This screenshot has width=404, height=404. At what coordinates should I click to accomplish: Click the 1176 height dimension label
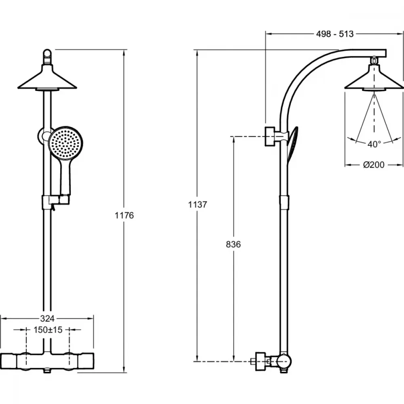124,215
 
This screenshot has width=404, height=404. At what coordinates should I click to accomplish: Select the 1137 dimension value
198,204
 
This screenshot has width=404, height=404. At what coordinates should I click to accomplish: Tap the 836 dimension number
233,244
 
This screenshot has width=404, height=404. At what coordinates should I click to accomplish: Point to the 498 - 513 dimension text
335,34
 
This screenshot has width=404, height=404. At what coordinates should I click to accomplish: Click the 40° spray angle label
374,144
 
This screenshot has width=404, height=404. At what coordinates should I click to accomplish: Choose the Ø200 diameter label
374,164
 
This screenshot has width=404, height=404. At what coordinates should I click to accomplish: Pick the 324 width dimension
47,319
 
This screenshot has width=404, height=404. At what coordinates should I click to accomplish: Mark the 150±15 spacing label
48,330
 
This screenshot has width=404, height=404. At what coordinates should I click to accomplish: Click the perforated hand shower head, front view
65,143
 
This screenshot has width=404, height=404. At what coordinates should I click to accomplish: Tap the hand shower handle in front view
65,178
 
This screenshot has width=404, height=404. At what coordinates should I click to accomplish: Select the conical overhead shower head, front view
47,77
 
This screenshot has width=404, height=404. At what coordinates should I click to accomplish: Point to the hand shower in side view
292,144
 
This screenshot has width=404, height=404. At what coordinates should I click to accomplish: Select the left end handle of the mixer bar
9,362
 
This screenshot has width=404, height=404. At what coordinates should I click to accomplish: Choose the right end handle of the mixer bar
86,362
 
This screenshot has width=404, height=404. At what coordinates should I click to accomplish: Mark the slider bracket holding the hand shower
55,200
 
